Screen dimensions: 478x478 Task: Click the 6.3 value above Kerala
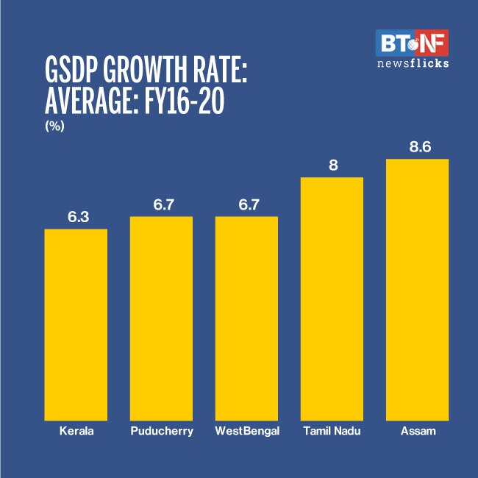(76, 217)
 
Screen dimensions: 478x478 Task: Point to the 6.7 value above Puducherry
(162, 204)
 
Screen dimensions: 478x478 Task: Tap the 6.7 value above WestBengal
(247, 204)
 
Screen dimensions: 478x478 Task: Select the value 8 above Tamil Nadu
(332, 165)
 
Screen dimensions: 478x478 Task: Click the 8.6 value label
(418, 147)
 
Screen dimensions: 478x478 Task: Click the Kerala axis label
(76, 431)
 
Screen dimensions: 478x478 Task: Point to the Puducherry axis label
(161, 431)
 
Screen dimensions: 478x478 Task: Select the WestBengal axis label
(247, 431)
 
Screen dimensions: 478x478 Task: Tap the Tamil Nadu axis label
(332, 431)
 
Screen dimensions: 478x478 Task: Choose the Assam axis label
(417, 431)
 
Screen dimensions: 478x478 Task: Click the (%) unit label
(55, 126)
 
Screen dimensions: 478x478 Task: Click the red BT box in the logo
(393, 43)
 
